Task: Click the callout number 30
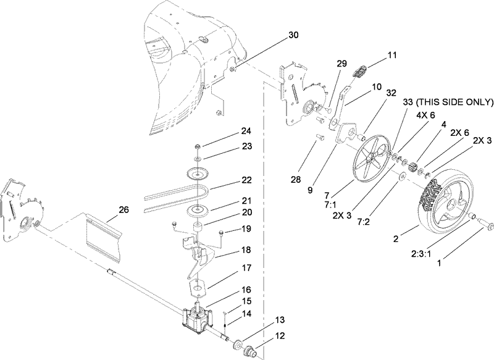(293, 35)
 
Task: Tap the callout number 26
(124, 210)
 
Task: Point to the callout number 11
(393, 55)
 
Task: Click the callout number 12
(280, 337)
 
